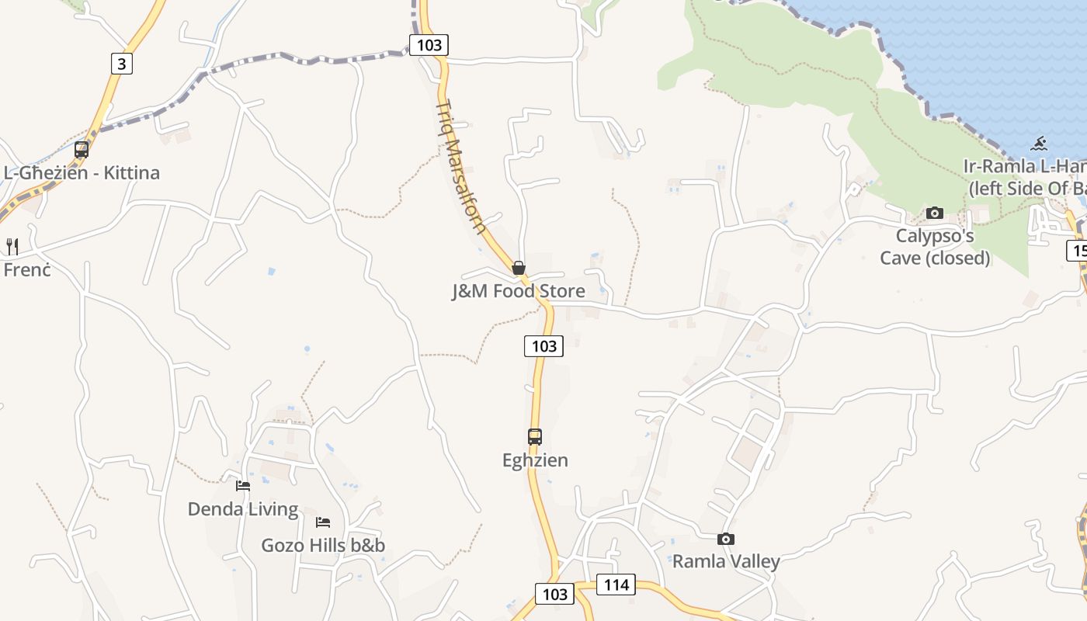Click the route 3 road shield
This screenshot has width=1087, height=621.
(x=121, y=63)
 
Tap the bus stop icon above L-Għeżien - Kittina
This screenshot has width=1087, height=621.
(x=82, y=149)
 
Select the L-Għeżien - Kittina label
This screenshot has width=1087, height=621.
(x=82, y=172)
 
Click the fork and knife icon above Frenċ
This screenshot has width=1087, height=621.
(x=12, y=247)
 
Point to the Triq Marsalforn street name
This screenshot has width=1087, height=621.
(x=461, y=167)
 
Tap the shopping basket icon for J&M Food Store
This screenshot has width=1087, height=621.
(x=519, y=269)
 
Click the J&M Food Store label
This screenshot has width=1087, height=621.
(x=519, y=291)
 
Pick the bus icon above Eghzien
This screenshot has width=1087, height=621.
(x=535, y=437)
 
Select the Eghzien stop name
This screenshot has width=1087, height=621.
(x=535, y=460)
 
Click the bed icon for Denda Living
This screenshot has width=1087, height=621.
(x=243, y=486)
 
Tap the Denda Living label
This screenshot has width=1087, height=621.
(x=243, y=509)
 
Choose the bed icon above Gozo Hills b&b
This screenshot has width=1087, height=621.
(x=323, y=522)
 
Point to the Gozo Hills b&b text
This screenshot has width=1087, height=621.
(x=323, y=545)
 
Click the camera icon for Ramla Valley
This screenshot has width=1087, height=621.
(x=726, y=539)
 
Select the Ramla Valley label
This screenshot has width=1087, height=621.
(x=726, y=561)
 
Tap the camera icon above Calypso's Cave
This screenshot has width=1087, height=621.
(x=935, y=213)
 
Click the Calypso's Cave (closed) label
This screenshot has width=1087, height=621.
(x=935, y=246)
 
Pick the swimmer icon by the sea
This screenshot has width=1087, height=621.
(x=1039, y=144)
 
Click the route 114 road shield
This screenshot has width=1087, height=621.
(x=616, y=585)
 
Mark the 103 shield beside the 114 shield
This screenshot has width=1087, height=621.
(x=554, y=595)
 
